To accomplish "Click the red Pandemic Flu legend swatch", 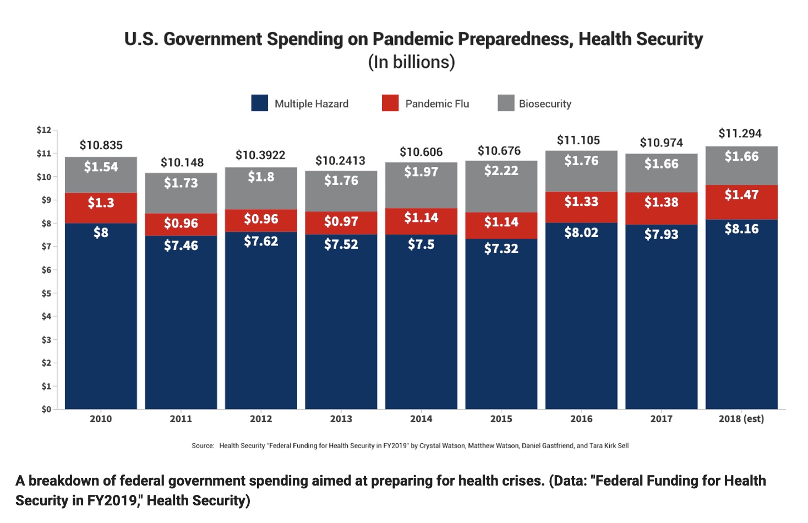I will point(390,103).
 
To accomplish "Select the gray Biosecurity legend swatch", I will point(506,103).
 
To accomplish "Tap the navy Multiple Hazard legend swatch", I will point(260,103).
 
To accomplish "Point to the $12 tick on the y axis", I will point(44,130).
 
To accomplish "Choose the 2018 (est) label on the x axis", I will point(741,419).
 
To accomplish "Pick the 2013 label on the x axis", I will point(341,419).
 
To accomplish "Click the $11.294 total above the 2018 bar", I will point(740,134).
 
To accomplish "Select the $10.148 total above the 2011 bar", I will point(182,162).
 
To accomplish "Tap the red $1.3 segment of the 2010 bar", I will point(101,208).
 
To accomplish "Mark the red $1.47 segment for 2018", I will point(741,202).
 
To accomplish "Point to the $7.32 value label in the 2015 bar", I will point(501,249).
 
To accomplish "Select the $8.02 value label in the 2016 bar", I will point(581,233).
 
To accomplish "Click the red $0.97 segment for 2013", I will point(341,223).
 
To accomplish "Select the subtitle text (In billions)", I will point(411,62).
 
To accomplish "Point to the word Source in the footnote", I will point(202,446).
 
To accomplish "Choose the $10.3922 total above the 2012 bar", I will point(260,155).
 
